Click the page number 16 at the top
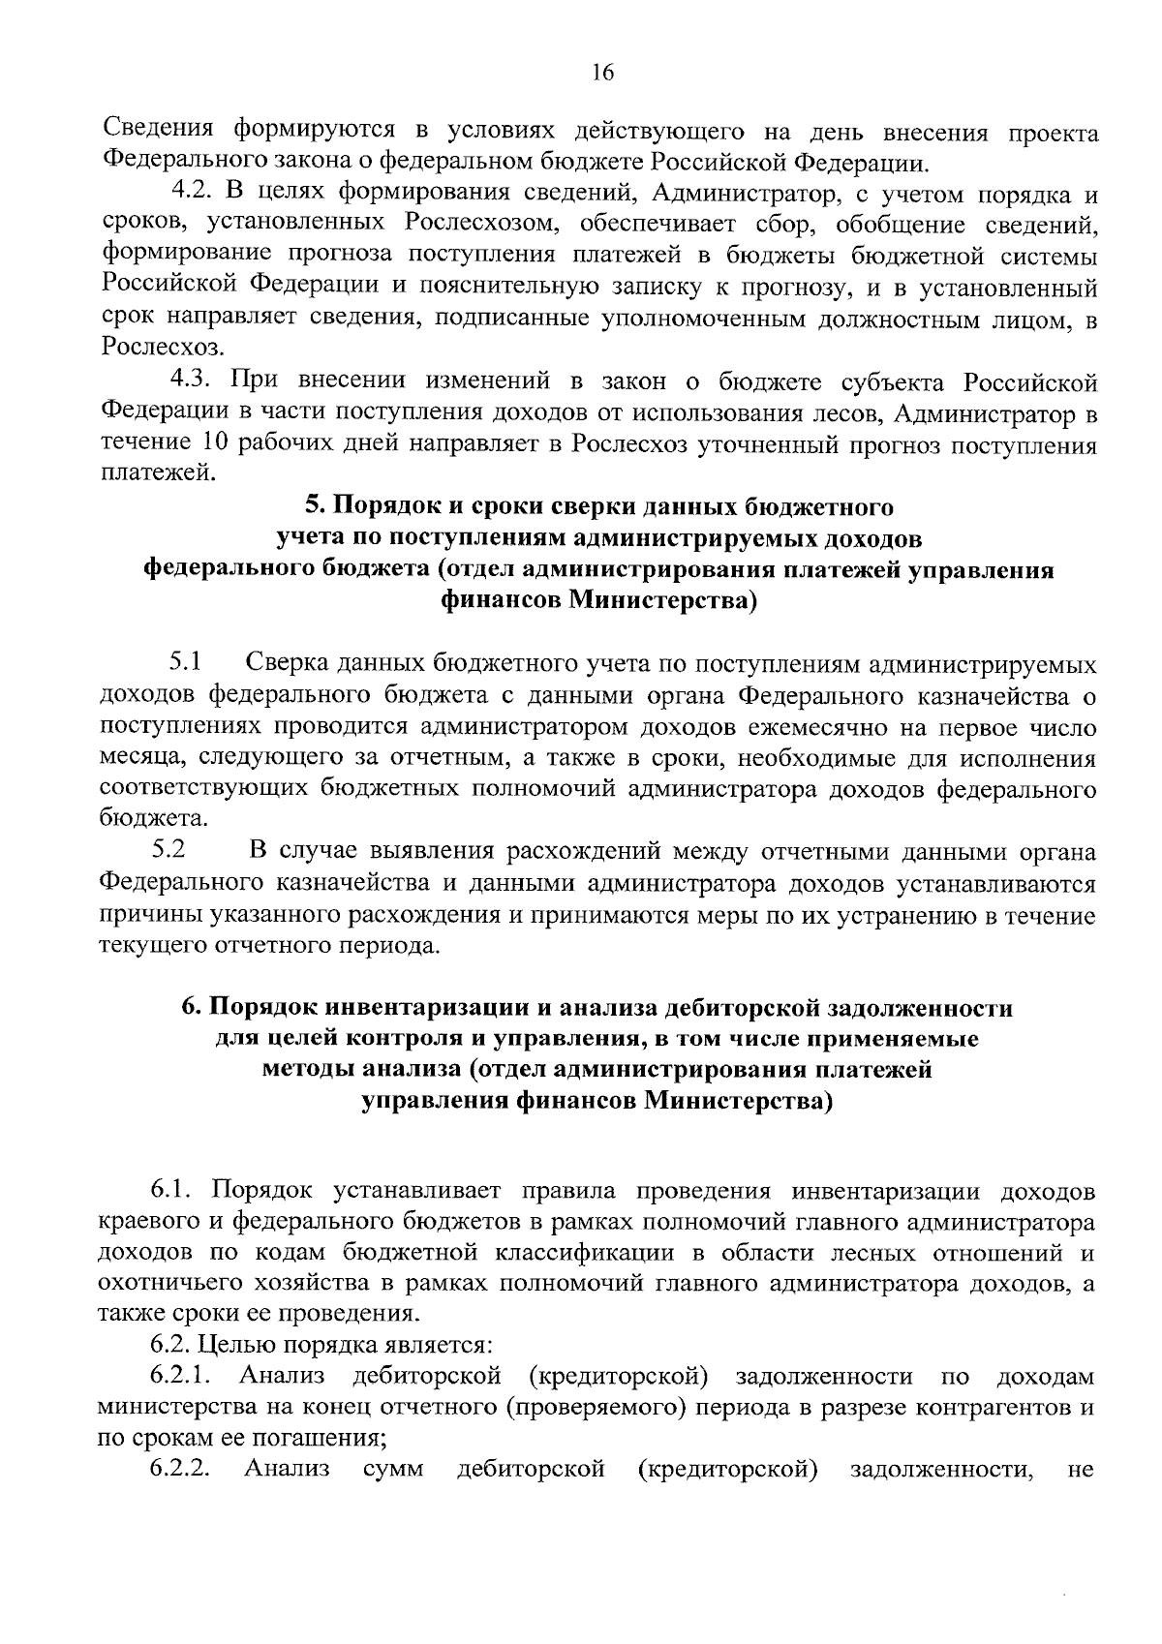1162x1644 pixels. [x=602, y=74]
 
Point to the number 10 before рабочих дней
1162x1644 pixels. [x=219, y=444]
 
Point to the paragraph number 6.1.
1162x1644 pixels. [x=174, y=1188]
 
